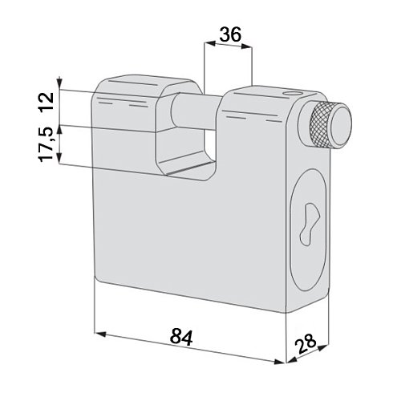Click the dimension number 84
(x=181, y=337)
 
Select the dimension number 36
(x=230, y=34)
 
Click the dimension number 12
(x=46, y=102)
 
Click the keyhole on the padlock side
(x=310, y=225)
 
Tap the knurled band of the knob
(x=319, y=124)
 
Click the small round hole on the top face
(x=291, y=93)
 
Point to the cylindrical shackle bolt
(x=196, y=111)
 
